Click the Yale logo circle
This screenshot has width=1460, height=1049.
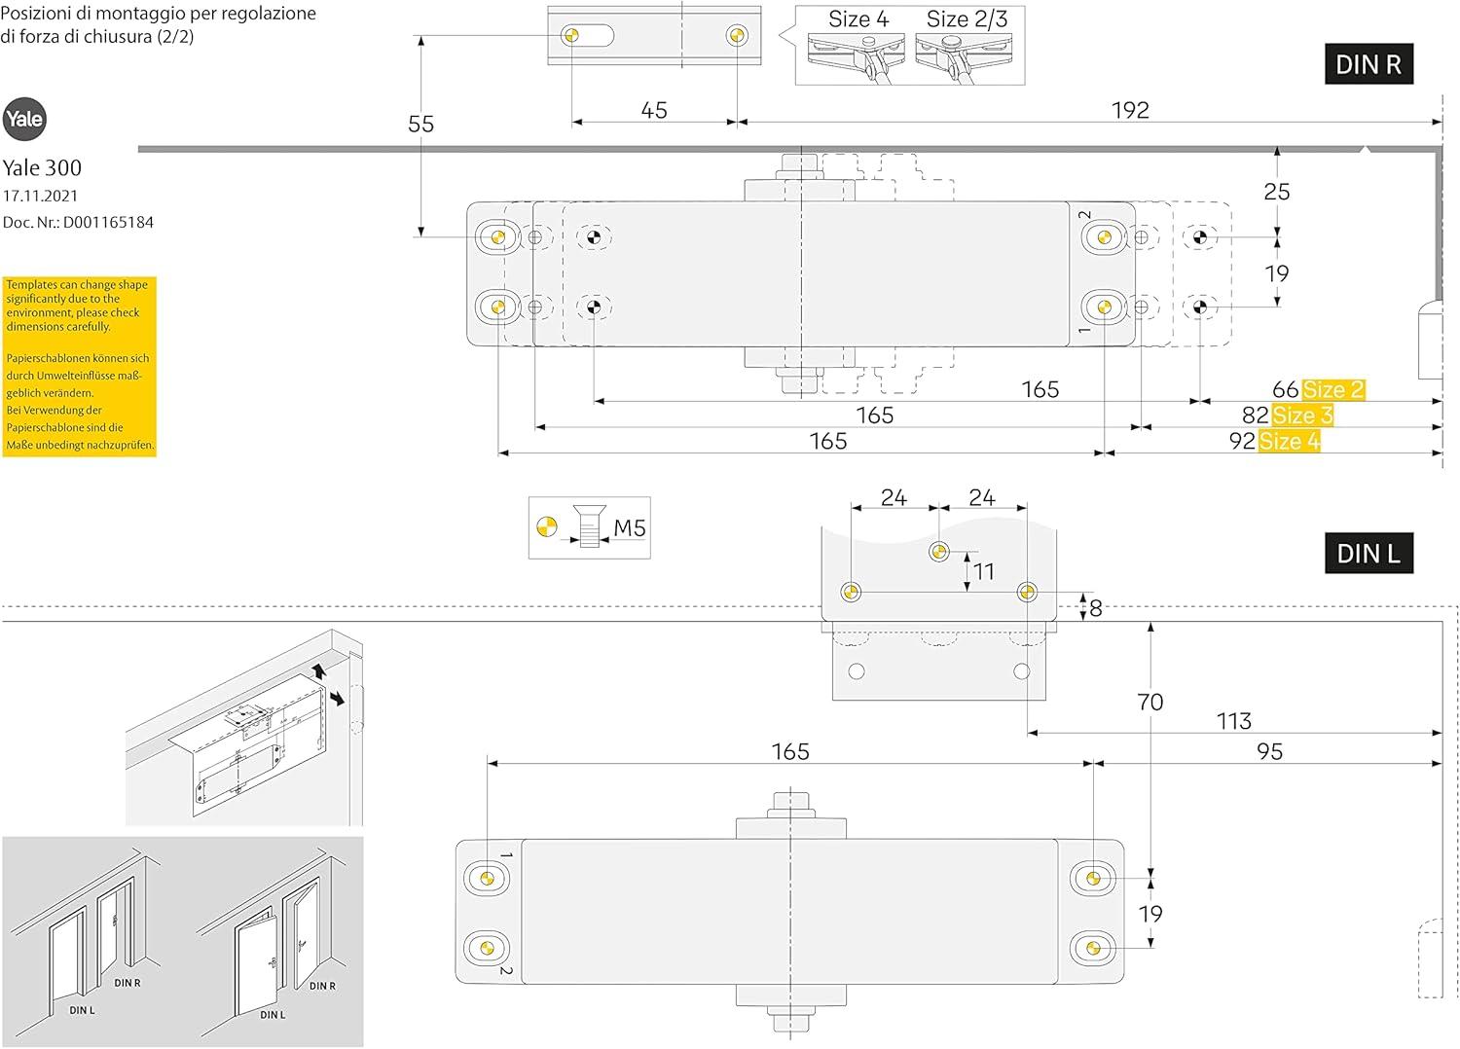24,120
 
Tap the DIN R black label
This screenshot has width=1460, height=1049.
1368,64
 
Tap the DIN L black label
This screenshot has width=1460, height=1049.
1368,554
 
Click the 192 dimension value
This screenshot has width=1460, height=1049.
1130,110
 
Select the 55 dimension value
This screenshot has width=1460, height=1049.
420,125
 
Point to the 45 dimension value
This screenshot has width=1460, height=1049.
654,110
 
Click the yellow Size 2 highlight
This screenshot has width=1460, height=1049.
1332,390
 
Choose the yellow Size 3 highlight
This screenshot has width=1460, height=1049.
1301,416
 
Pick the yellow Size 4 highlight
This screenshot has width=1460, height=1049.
1290,441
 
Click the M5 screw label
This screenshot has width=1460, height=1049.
630,528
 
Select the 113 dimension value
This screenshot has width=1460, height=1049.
1233,721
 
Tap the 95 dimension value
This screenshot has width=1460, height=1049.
1269,751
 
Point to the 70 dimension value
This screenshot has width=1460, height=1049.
1150,702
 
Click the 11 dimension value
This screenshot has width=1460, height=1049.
984,571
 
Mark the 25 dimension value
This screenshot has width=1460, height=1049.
1276,192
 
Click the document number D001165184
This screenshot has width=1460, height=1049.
78,222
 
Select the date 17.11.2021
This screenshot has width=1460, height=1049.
40,196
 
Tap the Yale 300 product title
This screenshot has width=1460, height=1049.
42,167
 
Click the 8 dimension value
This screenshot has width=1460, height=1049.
1096,609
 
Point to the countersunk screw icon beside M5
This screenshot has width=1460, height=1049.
587,528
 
